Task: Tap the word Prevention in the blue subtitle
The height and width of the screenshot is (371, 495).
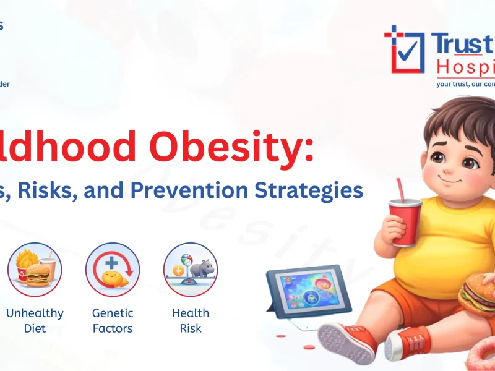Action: (x=213, y=190)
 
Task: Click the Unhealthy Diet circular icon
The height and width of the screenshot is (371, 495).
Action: (x=35, y=270)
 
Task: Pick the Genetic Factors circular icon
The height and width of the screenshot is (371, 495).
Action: (x=113, y=270)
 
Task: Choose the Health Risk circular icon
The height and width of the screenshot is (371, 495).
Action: (x=191, y=270)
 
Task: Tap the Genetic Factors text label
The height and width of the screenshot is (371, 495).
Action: (x=113, y=320)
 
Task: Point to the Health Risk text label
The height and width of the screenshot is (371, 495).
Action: (x=191, y=320)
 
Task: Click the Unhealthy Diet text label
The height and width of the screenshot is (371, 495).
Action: (x=35, y=320)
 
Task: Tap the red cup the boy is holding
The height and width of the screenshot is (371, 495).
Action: (x=406, y=223)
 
